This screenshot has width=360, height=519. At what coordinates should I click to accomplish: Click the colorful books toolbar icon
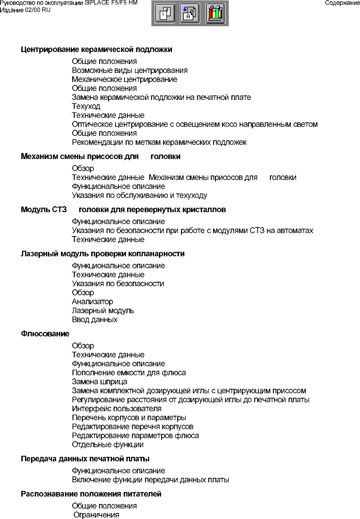point(216,13)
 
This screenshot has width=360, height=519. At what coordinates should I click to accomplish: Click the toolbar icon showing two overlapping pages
point(165,13)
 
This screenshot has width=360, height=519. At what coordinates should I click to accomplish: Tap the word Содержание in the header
point(342,3)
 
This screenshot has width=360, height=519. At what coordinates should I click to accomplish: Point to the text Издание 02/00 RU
point(25,10)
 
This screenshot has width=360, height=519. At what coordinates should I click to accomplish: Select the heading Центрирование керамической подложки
point(96,49)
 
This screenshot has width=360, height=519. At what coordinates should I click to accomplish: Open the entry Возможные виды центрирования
point(130,70)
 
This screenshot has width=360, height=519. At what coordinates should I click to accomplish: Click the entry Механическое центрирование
point(124,79)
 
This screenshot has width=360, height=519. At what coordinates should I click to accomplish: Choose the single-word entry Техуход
point(86,106)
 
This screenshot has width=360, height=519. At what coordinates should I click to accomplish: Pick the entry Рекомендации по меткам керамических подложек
point(159,142)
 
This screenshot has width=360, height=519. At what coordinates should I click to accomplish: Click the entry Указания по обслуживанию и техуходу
point(139,195)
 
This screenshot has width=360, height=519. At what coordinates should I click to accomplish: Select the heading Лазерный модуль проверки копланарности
point(103,254)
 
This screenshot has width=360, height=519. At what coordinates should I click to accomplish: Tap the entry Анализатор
point(92,302)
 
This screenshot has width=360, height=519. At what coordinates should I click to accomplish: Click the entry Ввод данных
point(95,320)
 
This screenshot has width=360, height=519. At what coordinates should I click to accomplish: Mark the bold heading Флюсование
point(45,334)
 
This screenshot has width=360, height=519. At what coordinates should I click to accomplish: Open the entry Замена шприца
point(99,382)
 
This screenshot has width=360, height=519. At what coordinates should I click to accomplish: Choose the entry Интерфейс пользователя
point(117,409)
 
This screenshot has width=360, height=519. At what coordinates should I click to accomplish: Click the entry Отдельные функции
point(108,445)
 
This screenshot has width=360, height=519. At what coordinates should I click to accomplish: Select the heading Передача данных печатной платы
point(85,459)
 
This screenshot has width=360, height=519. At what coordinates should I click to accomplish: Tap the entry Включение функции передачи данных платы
point(150,480)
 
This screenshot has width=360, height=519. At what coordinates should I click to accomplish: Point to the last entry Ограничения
point(96,515)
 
